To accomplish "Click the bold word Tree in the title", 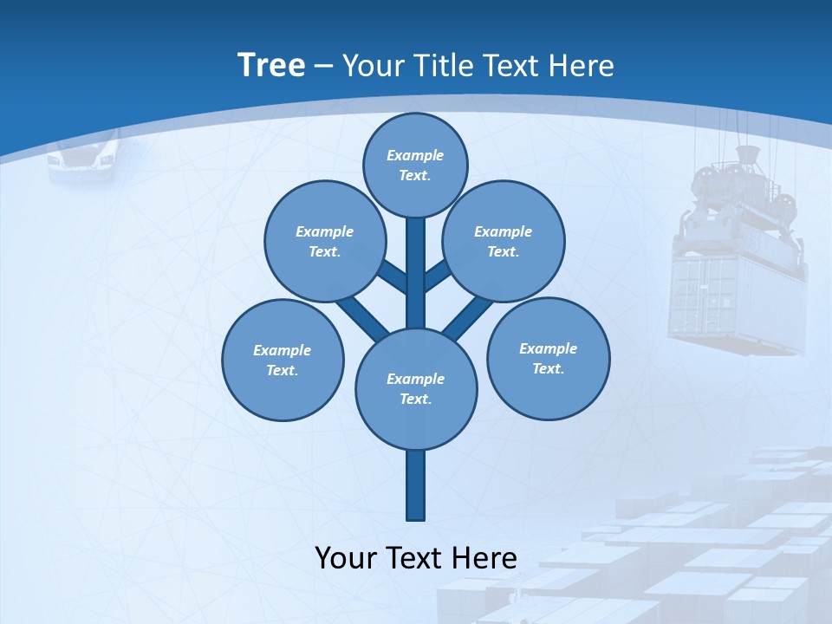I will (x=271, y=65).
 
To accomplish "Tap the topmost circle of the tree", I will (x=415, y=165).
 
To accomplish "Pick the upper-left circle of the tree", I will (x=324, y=241).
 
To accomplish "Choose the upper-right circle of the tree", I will (x=503, y=241).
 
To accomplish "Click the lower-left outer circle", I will (x=283, y=360).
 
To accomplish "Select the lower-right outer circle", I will (x=548, y=358).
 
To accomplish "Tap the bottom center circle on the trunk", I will (x=416, y=388).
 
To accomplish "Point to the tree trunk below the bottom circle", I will (x=416, y=485).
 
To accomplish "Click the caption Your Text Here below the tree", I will (x=416, y=558).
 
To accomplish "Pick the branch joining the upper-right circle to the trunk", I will (x=438, y=276).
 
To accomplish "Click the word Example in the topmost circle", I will (x=415, y=155).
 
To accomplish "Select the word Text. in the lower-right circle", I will (x=548, y=368).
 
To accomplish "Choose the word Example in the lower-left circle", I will (x=282, y=350).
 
